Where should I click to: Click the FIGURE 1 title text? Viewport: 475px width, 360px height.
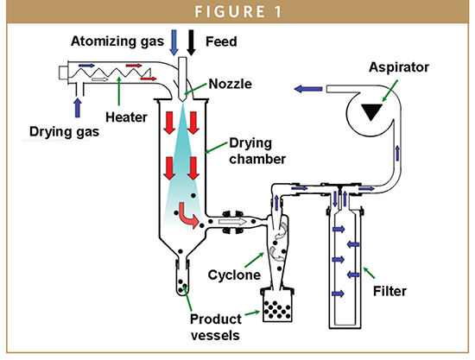click(x=238, y=12)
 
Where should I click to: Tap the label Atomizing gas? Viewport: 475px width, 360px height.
click(x=117, y=41)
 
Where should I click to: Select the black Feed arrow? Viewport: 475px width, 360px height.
click(x=191, y=42)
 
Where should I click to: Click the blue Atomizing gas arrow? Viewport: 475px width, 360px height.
click(x=174, y=42)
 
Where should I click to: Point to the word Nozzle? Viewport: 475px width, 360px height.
click(x=231, y=84)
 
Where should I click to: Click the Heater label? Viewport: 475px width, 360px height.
click(x=126, y=117)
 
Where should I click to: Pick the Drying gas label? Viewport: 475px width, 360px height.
click(x=64, y=132)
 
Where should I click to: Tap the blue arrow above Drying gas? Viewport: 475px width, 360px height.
click(x=78, y=108)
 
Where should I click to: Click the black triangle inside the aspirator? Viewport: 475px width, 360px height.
click(x=371, y=111)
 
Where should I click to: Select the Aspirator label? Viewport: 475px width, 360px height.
click(x=399, y=67)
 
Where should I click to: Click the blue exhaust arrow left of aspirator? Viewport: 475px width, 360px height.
click(x=308, y=89)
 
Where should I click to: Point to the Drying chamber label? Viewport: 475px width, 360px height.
click(x=257, y=151)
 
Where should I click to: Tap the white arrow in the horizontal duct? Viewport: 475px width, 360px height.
click(x=232, y=222)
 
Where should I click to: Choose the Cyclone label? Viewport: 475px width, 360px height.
click(x=234, y=275)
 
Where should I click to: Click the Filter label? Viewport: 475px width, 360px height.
click(x=389, y=291)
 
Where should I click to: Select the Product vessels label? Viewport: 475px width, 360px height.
click(x=216, y=327)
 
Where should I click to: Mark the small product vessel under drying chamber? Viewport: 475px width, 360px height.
click(x=182, y=280)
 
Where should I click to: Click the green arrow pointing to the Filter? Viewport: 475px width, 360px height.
click(x=369, y=273)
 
